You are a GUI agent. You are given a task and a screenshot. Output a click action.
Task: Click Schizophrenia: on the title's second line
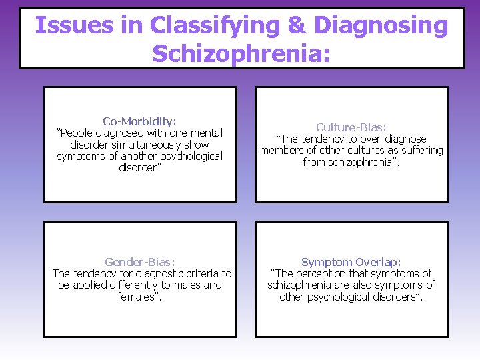click(x=241, y=53)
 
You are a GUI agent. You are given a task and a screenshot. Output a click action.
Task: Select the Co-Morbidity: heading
click(x=140, y=121)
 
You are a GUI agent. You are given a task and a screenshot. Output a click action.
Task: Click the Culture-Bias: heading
click(x=351, y=127)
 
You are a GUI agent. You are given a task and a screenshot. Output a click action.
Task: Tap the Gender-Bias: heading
click(x=140, y=262)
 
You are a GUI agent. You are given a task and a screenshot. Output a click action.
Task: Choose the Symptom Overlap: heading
click(x=351, y=262)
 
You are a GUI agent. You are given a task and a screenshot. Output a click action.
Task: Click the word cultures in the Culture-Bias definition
click(x=375, y=151)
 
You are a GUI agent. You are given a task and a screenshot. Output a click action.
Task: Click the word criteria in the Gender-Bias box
click(x=201, y=273)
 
